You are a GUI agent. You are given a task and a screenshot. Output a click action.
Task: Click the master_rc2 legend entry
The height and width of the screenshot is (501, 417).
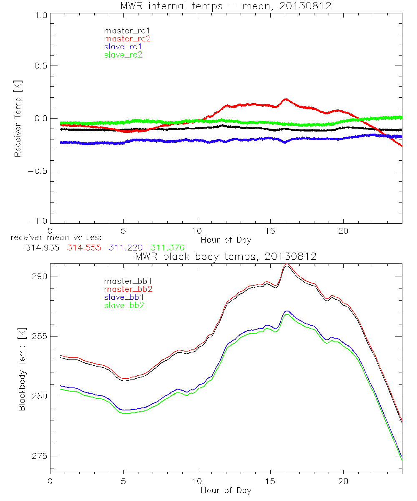(127, 38)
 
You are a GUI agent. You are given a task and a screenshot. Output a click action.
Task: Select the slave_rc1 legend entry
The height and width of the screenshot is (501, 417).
(123, 46)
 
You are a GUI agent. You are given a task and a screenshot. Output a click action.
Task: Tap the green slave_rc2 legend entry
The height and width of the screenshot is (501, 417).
(123, 55)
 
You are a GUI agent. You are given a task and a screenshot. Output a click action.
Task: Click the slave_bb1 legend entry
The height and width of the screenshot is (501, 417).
(124, 297)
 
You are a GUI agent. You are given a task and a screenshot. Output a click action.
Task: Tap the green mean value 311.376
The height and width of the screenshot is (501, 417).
(167, 248)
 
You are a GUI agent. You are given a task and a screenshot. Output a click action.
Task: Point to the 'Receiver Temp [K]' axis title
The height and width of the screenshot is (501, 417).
(18, 118)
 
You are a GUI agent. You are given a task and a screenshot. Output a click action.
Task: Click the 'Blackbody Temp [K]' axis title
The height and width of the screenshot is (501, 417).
(22, 369)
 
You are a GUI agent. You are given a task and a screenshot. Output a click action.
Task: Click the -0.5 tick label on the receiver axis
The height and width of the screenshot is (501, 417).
(37, 171)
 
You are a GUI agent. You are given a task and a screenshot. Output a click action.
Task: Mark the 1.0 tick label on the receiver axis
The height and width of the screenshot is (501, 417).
(40, 15)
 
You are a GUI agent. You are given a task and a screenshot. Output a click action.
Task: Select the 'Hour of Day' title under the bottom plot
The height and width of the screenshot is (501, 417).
(226, 490)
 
